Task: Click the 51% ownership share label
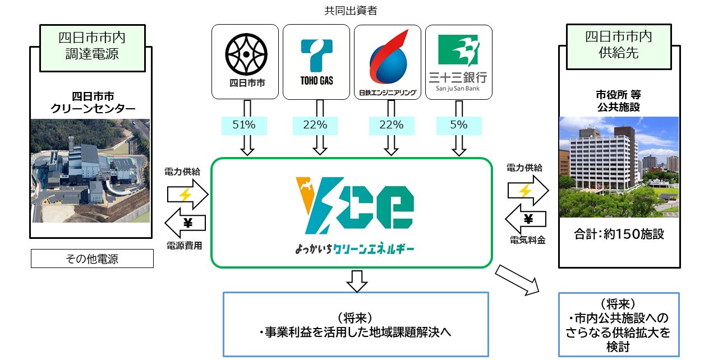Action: tap(245, 125)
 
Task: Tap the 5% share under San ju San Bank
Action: tap(459, 125)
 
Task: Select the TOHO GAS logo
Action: tap(316, 62)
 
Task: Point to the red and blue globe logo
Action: tap(388, 59)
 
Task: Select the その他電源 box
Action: tap(91, 259)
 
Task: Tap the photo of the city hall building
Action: tap(619, 167)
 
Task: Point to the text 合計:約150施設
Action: tap(619, 234)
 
